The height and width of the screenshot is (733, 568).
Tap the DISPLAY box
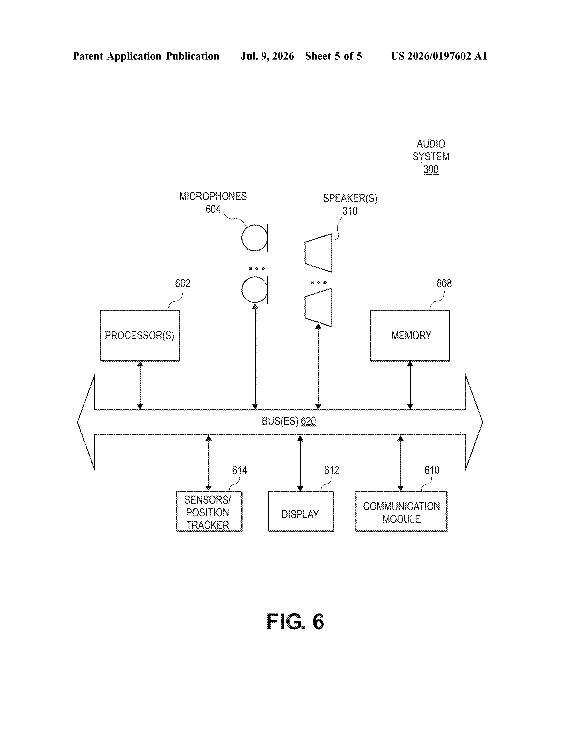tap(301, 512)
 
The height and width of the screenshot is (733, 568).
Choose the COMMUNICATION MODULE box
tap(401, 512)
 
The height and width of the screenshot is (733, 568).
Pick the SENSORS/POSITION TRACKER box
tap(209, 512)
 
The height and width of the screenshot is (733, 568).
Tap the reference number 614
tap(239, 470)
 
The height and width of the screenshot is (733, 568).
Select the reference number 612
tap(331, 470)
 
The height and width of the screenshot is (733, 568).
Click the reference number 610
tap(432, 470)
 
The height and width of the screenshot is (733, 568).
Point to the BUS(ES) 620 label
tap(289, 421)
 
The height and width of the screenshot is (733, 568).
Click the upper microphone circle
tap(254, 238)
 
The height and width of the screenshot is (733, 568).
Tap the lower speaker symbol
tap(318, 307)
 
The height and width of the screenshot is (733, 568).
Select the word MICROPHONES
tap(213, 196)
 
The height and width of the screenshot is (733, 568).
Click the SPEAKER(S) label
tap(350, 198)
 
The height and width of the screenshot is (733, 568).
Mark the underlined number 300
tap(431, 169)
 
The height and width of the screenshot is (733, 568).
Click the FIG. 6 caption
tap(295, 622)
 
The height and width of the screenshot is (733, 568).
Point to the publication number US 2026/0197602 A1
tap(439, 56)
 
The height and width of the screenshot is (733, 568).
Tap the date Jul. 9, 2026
tap(267, 56)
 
